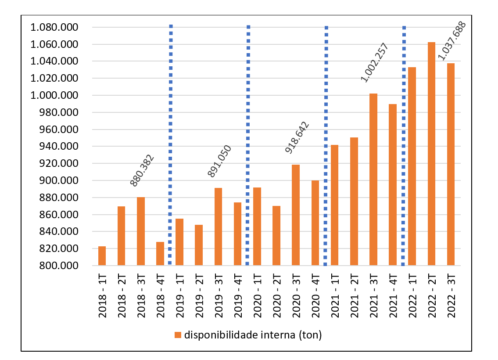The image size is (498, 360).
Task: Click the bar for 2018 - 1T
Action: point(102,256)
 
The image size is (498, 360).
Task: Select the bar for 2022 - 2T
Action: point(431,154)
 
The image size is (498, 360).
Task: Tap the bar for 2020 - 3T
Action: point(296,215)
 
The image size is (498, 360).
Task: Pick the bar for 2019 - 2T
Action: point(199,245)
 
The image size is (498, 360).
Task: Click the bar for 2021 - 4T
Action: point(393,185)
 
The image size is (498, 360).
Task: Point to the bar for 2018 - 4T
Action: point(160,254)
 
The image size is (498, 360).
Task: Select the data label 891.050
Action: point(220,161)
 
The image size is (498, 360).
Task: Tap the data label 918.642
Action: point(297,137)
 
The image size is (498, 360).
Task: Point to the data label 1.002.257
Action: point(375,62)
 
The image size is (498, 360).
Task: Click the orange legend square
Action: point(178,335)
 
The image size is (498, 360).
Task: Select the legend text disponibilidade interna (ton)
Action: point(253,335)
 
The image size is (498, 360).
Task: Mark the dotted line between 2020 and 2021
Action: point(326,145)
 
